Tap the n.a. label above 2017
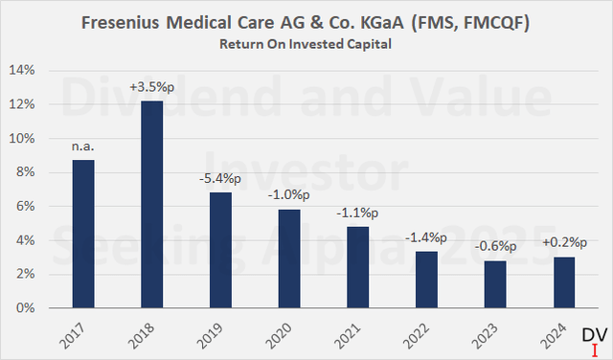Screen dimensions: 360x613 [83, 146]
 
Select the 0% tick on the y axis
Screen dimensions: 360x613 [25, 308]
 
